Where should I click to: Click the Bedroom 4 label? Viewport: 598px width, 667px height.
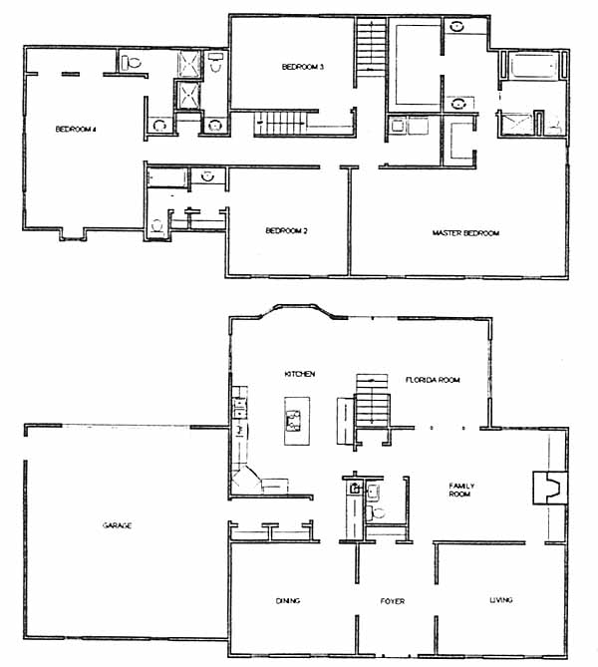click(x=76, y=129)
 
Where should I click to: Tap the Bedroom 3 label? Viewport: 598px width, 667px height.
click(x=303, y=67)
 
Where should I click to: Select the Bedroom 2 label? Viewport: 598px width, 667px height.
click(x=286, y=230)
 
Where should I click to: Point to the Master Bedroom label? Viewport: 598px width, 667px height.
click(x=465, y=233)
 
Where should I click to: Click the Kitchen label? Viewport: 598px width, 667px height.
click(x=300, y=374)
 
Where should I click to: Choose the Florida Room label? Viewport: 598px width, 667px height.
click(x=433, y=380)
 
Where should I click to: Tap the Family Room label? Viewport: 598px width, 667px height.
click(x=461, y=490)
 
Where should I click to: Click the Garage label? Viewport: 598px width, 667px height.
click(x=118, y=525)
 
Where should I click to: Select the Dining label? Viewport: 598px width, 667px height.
click(x=288, y=600)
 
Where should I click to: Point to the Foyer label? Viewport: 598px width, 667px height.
click(x=393, y=601)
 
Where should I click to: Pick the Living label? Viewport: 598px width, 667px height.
click(x=501, y=600)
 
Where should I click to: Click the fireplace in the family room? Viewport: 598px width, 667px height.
click(x=550, y=488)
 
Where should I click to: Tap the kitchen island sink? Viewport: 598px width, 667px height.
click(x=293, y=421)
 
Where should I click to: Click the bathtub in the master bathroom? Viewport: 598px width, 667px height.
click(x=533, y=65)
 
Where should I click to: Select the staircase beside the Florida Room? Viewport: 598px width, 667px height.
click(x=372, y=400)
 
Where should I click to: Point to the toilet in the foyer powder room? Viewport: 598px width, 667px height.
click(x=375, y=512)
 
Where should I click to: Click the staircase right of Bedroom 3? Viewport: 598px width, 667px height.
click(x=372, y=47)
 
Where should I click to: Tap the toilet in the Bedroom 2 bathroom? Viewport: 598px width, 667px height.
click(x=156, y=226)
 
